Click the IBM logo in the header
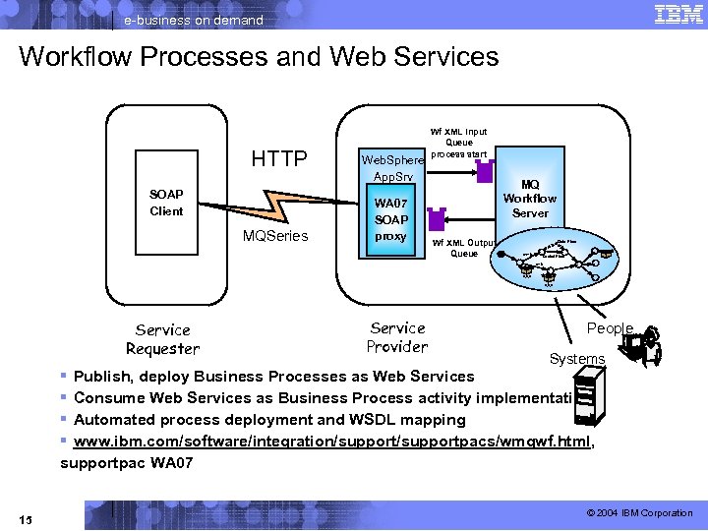pos(677,15)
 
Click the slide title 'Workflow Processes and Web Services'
pos(259,57)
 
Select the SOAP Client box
pos(166,204)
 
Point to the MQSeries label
pos(275,236)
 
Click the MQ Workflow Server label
pos(530,199)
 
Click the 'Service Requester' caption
pos(162,339)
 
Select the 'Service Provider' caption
pos(397,337)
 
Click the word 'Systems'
pos(577,359)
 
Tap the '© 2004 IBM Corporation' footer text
pos(639,513)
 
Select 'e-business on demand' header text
pos(194,20)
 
